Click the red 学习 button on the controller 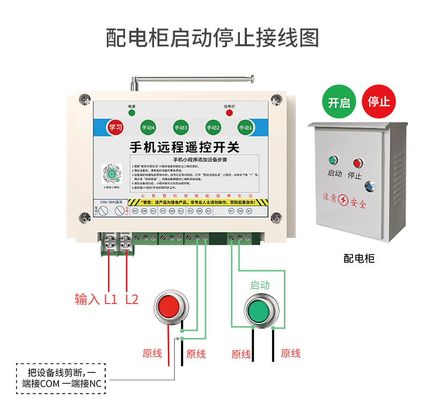115,127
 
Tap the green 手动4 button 148,128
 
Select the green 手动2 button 213,128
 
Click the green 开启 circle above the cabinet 338,102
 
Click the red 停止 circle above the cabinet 379,102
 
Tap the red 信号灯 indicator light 229,113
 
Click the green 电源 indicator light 131,113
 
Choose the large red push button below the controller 170,306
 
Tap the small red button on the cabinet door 355,162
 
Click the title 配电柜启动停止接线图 212,38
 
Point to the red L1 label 111,299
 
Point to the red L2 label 131,299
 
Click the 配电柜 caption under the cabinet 359,258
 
